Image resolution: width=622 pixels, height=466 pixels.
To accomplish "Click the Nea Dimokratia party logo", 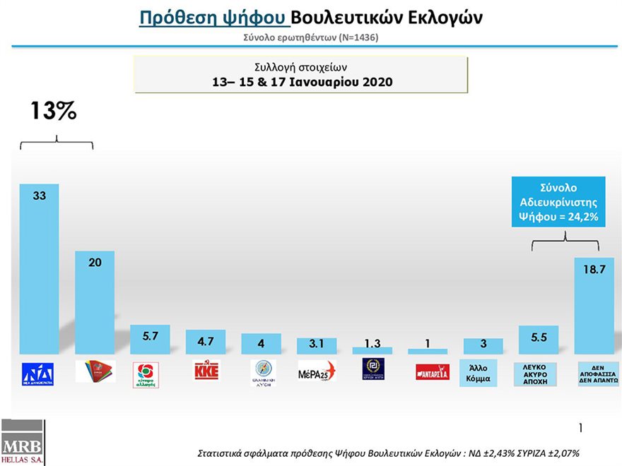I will coord(39,373).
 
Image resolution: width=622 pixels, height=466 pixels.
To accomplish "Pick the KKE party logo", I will coord(206,371).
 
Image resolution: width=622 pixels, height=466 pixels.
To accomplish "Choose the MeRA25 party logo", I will coord(317,371).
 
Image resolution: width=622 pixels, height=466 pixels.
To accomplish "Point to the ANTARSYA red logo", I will coord(428,371).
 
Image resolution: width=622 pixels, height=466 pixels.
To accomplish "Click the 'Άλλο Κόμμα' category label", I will coord(483,372).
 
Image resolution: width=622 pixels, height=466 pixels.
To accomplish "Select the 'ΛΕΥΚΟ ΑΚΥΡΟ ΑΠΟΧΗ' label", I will coord(539,373).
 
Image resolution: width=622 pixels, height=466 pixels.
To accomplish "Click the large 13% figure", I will coord(53,111).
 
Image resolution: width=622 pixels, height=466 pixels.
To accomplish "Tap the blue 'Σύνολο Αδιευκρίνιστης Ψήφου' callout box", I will coord(560,202).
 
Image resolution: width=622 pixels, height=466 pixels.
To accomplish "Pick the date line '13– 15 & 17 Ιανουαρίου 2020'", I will coord(303,82).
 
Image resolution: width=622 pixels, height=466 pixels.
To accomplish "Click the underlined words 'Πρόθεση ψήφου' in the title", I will coord(213,18).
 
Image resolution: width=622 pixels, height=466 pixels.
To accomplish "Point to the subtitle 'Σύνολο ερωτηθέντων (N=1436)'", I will coord(311,37).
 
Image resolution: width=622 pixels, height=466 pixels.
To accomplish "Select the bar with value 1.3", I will coord(372,350).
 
